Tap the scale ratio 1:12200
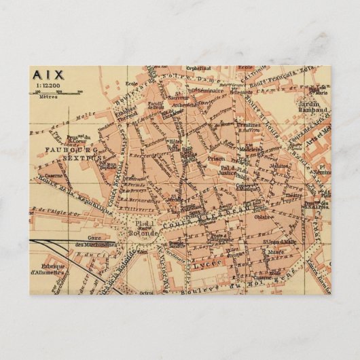click(46, 86)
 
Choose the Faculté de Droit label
click(156, 107)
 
